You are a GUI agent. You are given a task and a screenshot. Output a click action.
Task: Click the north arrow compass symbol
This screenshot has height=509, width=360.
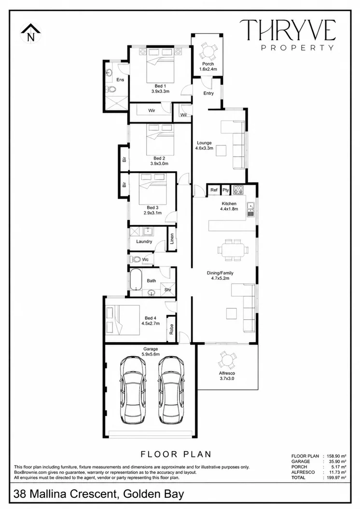31,33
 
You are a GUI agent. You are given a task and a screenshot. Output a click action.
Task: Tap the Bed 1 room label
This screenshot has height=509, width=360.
160,86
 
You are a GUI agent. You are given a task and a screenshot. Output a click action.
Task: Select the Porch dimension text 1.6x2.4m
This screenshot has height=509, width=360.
208,69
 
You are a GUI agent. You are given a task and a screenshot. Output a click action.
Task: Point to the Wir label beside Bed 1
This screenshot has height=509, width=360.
152,110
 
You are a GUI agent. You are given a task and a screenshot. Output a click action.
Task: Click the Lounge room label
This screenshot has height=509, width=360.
204,143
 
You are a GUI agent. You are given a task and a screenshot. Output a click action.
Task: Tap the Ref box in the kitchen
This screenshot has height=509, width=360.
214,190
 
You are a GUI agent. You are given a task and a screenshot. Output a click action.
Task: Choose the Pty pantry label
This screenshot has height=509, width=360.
226,190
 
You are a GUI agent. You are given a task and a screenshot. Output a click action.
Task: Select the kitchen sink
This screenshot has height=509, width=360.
250,209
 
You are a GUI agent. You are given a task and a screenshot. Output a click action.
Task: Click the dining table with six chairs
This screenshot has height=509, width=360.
233,250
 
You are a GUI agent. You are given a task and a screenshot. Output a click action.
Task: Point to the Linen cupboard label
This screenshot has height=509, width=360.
172,239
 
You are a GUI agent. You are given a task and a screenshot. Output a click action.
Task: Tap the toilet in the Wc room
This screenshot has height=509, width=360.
136,260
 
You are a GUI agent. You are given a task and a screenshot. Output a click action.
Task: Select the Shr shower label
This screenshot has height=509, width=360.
168,290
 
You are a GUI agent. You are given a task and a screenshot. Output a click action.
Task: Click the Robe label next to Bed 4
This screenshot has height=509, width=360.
171,329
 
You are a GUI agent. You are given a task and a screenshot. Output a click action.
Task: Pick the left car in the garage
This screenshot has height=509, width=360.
133,390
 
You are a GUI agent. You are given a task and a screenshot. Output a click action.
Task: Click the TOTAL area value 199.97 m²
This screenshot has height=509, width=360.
334,478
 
